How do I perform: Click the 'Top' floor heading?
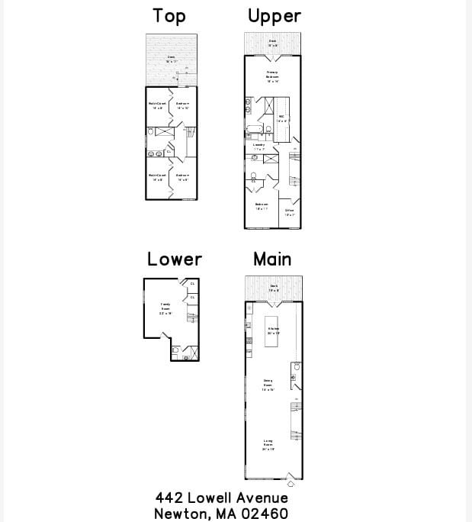[169, 16]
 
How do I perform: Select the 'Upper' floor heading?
[274, 16]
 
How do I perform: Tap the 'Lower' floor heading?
[175, 259]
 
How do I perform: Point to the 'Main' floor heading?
[272, 259]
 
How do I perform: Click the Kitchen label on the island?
[273, 330]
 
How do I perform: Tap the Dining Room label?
[268, 385]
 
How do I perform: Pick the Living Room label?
[268, 445]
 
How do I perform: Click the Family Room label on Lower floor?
[165, 308]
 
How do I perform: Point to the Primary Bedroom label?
[272, 76]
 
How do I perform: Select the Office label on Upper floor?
[290, 212]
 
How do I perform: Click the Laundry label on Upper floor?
[259, 146]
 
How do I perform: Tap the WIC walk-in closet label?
[281, 118]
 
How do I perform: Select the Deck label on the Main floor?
[274, 288]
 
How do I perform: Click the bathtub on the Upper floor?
[253, 131]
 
